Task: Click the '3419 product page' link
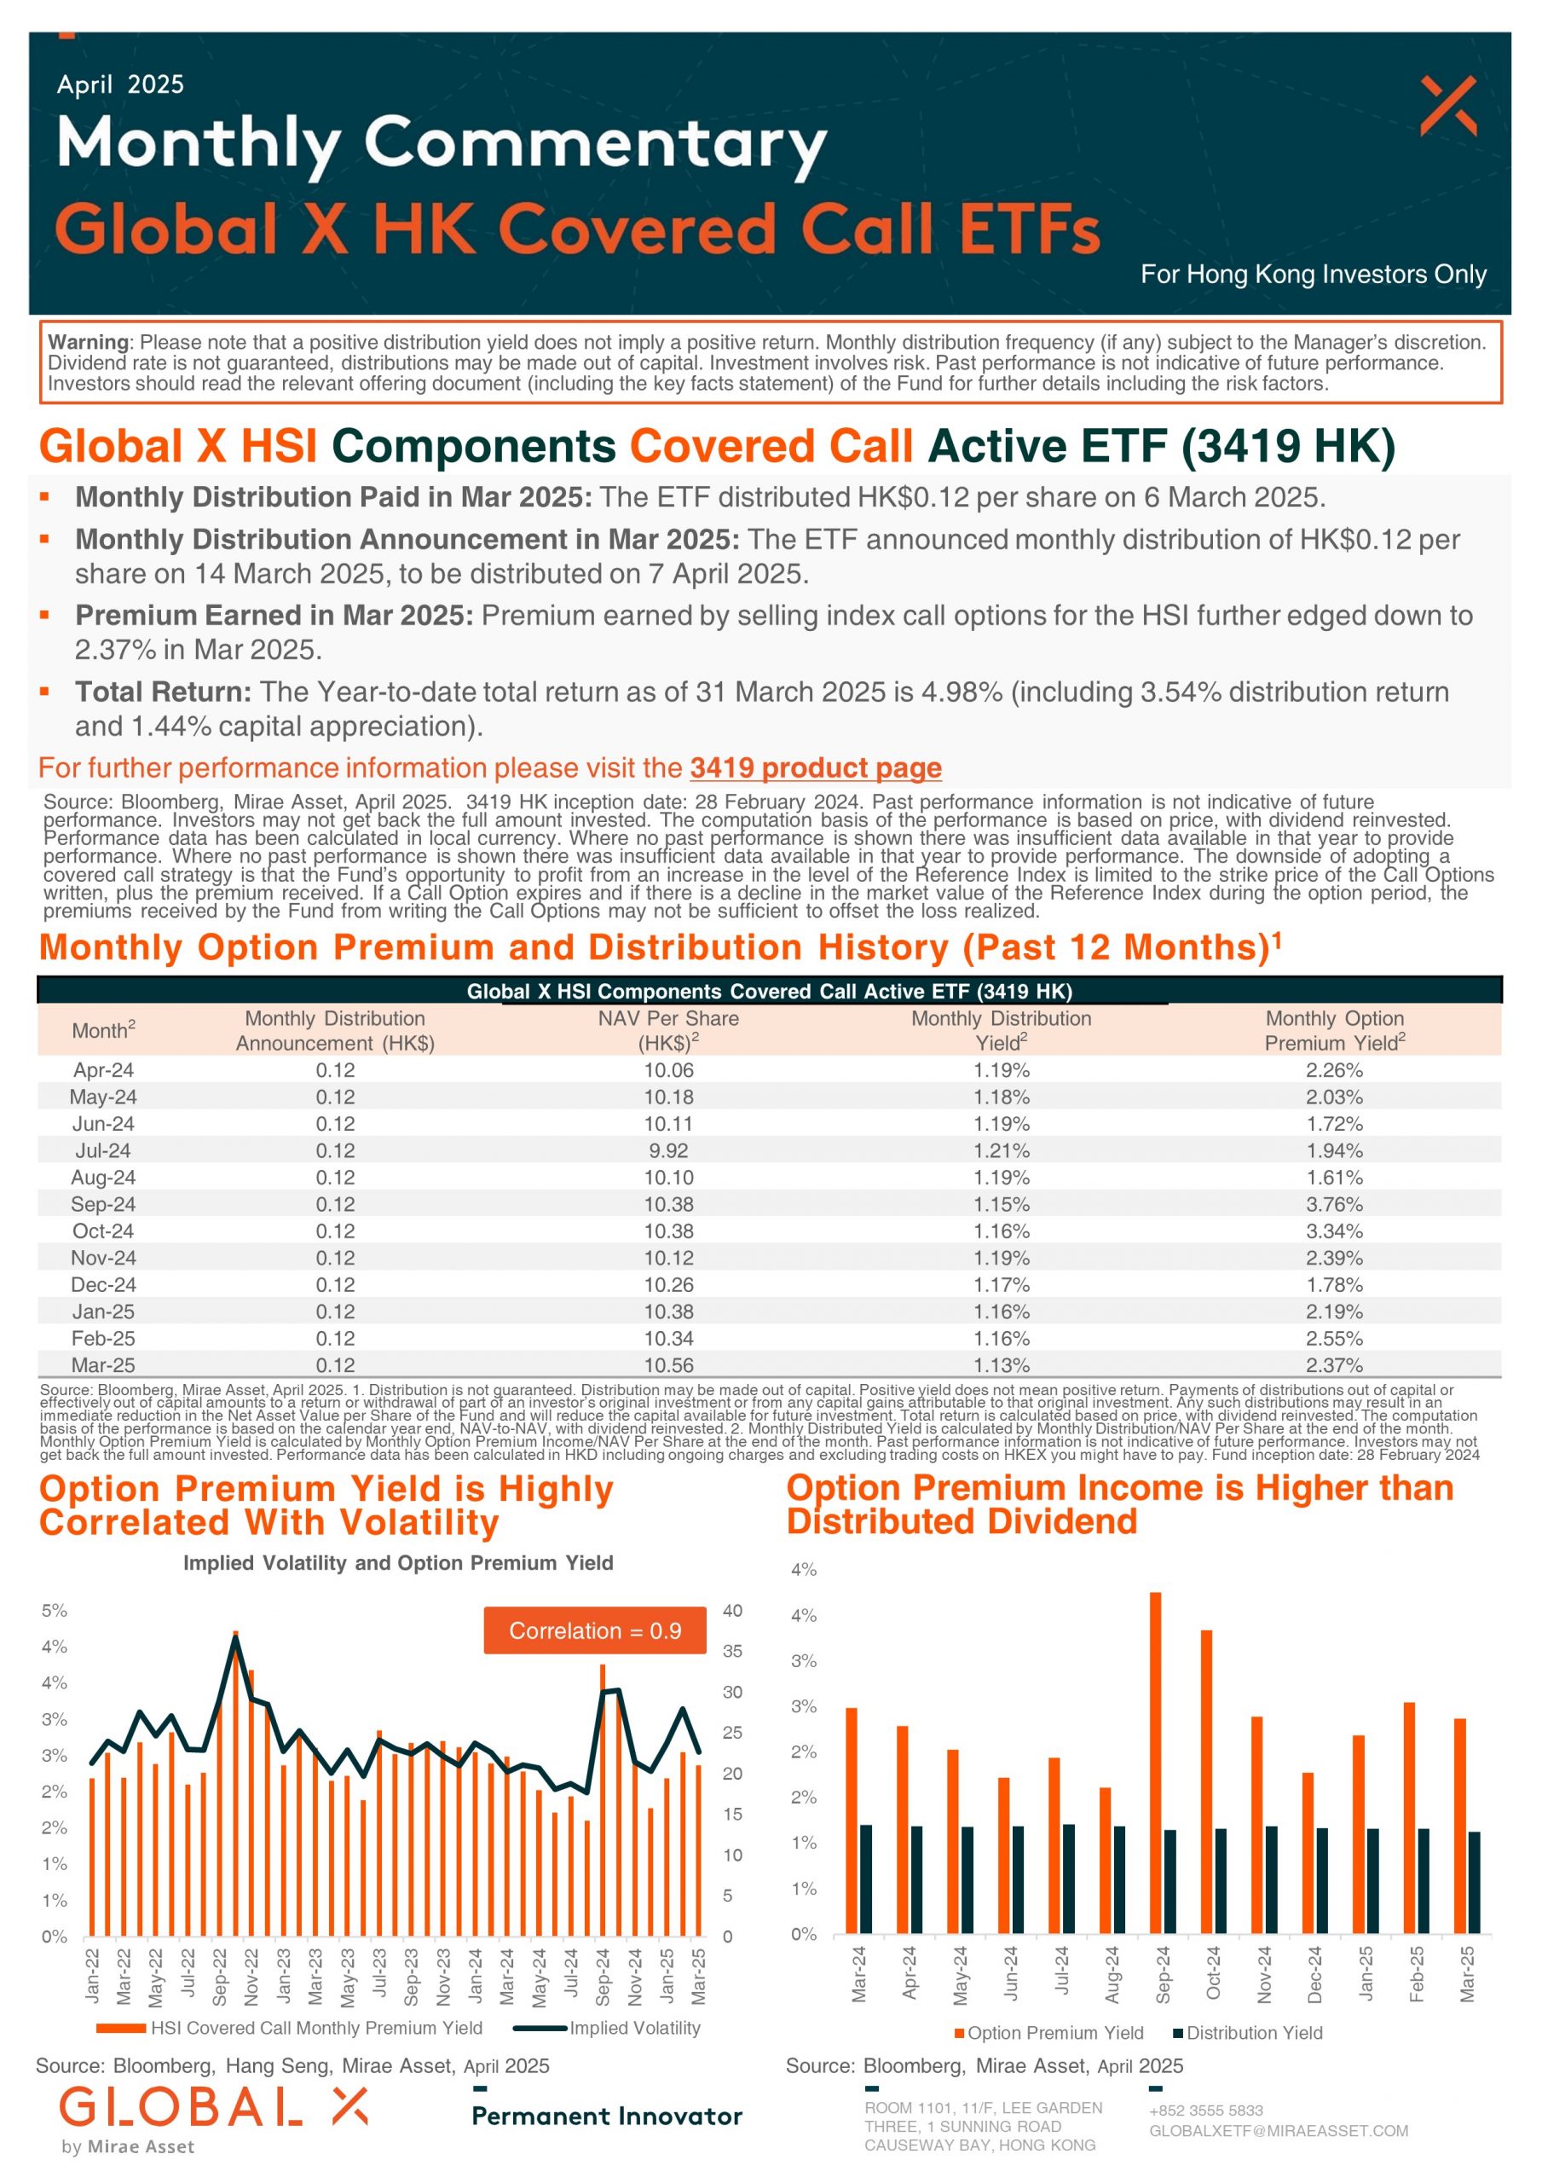point(816,767)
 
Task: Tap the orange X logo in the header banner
point(1448,106)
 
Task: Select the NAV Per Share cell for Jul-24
point(668,1150)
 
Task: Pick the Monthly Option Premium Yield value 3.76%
point(1334,1204)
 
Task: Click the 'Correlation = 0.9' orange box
point(595,1630)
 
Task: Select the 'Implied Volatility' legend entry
point(607,2028)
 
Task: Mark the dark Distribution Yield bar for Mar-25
point(1474,1884)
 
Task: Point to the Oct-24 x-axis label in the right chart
point(1213,1974)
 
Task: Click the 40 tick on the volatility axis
point(732,1611)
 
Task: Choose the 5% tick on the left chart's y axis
point(55,1611)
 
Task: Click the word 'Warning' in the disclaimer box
point(88,342)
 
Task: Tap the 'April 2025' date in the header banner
point(121,84)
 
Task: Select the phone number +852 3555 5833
point(1205,2111)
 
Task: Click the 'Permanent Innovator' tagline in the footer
point(608,2116)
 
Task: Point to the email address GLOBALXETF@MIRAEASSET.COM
point(1279,2131)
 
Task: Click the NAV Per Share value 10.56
point(668,1364)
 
